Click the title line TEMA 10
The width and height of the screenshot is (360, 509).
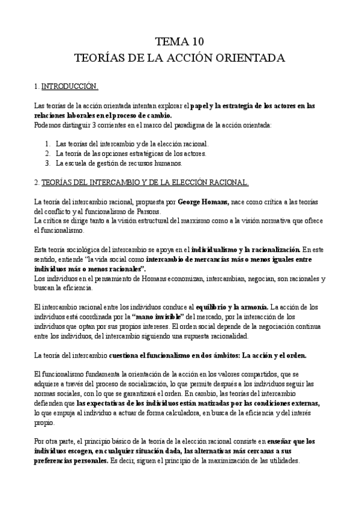180,41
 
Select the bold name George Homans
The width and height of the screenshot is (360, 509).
202,202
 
